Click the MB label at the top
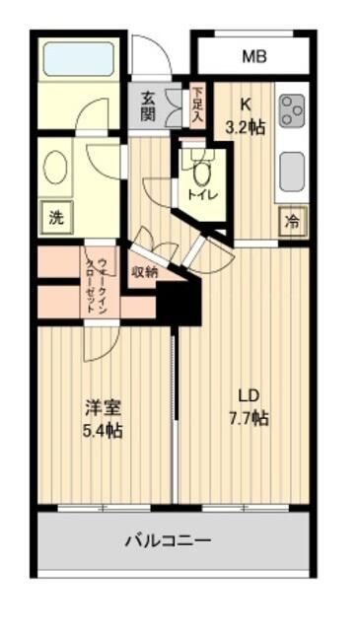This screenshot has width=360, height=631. [x=254, y=56]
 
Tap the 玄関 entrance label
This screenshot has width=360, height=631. [x=148, y=105]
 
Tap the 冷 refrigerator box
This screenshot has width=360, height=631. [x=292, y=222]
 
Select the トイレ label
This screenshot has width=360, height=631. [x=203, y=195]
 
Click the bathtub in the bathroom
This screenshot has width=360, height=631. [x=79, y=61]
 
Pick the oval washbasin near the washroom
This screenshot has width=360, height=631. [x=55, y=167]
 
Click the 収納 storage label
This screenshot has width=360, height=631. [x=144, y=272]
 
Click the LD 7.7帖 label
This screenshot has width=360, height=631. [x=247, y=407]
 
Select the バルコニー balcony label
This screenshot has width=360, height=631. [x=168, y=540]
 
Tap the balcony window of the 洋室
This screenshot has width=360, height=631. [x=104, y=508]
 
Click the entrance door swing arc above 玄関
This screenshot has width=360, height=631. [x=148, y=59]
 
